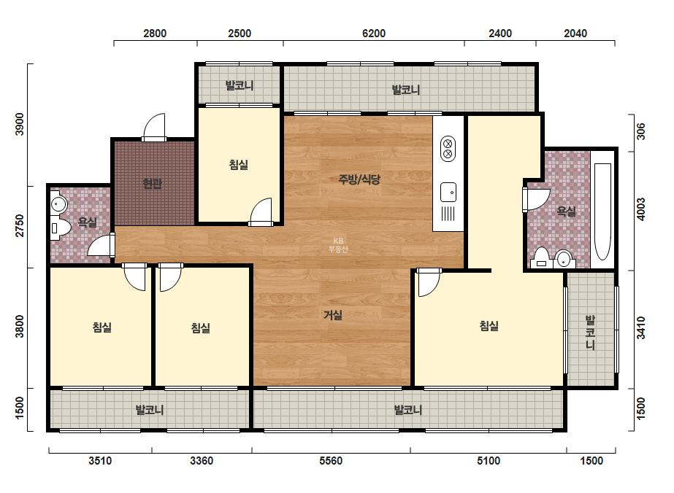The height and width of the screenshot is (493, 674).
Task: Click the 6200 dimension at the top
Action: tap(374, 33)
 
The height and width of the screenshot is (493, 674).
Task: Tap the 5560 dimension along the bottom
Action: tap(331, 461)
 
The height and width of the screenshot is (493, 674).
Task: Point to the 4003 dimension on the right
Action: tap(641, 209)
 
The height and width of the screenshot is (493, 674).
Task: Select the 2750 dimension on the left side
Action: tap(20, 225)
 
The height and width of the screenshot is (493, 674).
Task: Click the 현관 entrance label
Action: tap(152, 184)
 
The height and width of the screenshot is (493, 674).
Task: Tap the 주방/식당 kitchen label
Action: tap(359, 179)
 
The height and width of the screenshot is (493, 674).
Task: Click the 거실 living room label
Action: tap(333, 315)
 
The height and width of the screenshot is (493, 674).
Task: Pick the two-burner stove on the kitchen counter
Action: tap(448, 149)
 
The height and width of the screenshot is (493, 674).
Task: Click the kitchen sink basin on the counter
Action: tap(448, 192)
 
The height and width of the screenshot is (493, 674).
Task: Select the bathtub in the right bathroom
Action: tap(602, 211)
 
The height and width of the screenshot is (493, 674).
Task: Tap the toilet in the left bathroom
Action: tap(60, 228)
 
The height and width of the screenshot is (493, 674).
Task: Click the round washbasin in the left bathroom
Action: tap(58, 203)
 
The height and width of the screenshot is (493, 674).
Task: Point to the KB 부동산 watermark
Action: tap(338, 245)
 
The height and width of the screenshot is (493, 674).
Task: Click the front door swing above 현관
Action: tap(153, 126)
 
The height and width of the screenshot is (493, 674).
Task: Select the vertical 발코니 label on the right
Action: tap(591, 333)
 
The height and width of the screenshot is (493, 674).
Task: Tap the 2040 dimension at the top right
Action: tap(575, 33)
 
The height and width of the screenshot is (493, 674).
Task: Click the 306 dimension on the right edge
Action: tap(641, 131)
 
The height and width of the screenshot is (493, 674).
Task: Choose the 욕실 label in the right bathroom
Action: tap(566, 211)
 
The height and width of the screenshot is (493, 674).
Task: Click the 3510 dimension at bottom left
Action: tap(100, 461)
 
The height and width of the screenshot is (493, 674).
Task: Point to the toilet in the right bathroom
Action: tap(541, 257)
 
